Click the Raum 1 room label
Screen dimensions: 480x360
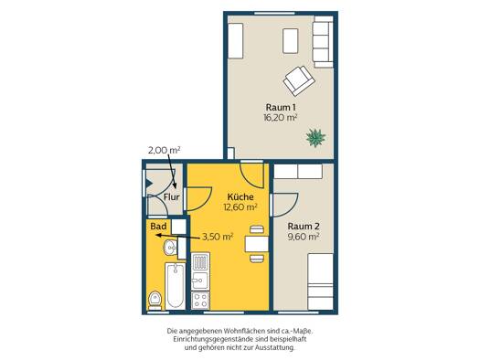[281, 107]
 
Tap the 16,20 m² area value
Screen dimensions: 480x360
[281, 118]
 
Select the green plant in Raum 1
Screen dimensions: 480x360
[315, 138]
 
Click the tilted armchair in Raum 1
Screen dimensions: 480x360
[299, 80]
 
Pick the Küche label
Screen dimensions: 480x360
[240, 197]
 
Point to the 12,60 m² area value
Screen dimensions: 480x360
[240, 207]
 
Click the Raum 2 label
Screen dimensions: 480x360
[304, 227]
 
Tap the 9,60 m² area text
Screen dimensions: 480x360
[304, 237]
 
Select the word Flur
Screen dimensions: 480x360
[172, 197]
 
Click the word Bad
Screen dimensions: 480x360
[158, 227]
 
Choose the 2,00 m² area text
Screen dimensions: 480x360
[164, 150]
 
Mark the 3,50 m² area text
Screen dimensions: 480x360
[218, 237]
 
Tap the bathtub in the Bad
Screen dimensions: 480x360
[176, 285]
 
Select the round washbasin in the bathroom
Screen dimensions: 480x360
[170, 247]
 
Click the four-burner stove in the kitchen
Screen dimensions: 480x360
[200, 301]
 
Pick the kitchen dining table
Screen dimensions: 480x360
[257, 244]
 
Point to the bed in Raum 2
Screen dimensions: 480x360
[321, 281]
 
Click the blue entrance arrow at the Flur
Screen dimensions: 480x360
[149, 184]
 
